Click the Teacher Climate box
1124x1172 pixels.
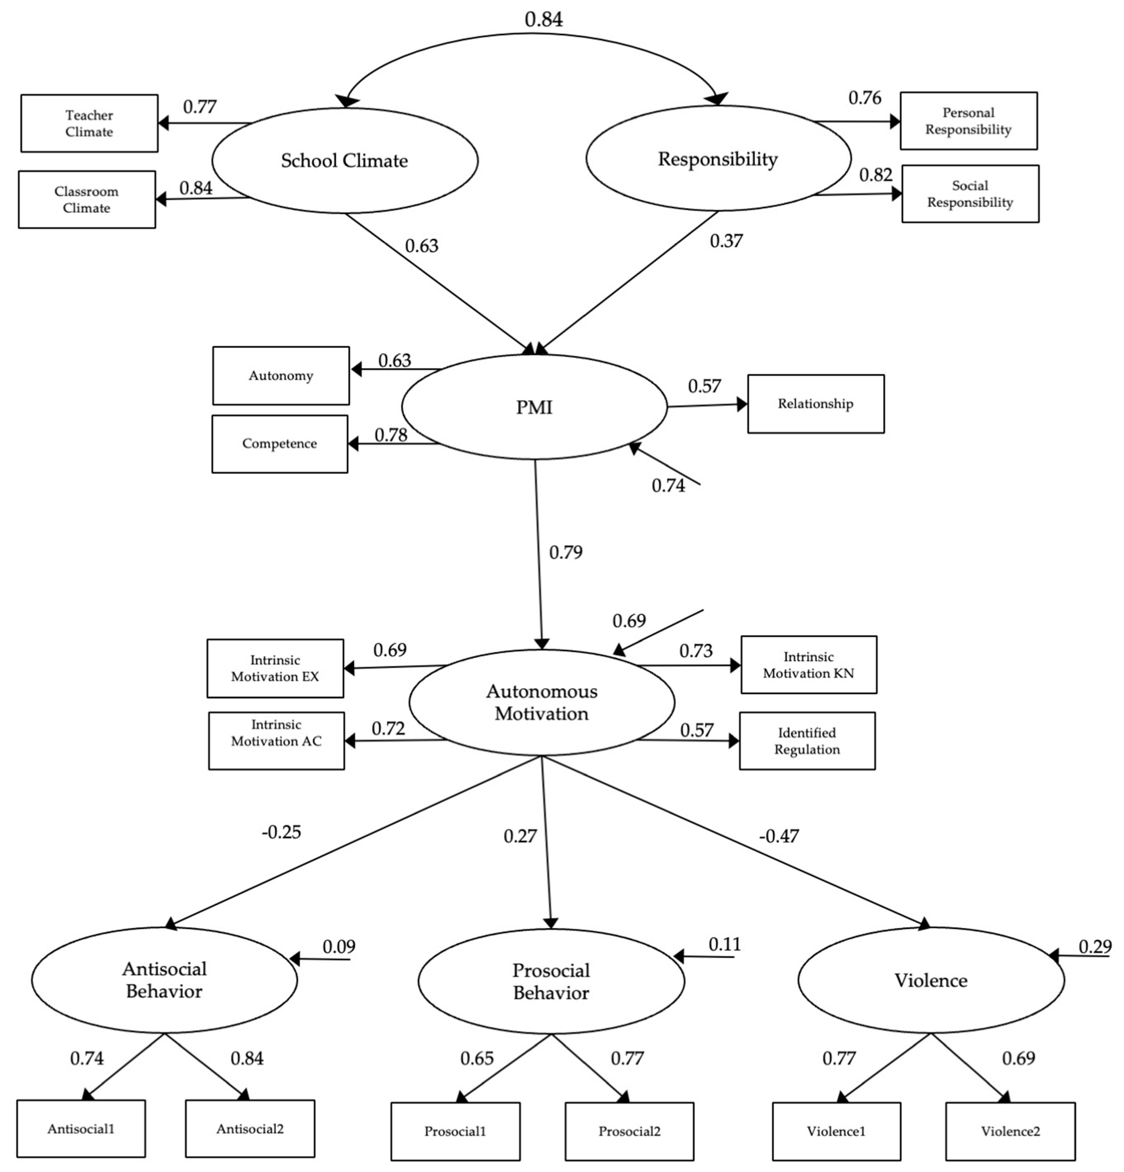click(89, 123)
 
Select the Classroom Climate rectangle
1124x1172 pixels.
click(87, 200)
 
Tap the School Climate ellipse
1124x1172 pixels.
click(344, 160)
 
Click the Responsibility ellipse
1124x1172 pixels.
click(718, 158)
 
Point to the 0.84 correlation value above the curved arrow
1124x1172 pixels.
click(543, 19)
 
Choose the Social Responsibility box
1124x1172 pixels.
click(970, 194)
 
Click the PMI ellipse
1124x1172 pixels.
click(534, 407)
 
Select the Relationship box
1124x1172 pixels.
click(816, 404)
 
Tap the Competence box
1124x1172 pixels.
click(279, 444)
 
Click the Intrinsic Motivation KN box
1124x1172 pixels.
click(808, 665)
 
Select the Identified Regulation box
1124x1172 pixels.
click(807, 741)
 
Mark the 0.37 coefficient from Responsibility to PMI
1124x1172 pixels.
click(726, 241)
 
